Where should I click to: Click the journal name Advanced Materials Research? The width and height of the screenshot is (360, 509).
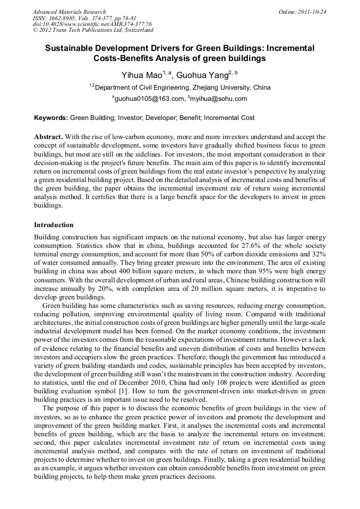pyautogui.click(x=69, y=12)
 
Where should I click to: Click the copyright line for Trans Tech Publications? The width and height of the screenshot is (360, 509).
pyautogui.click(x=93, y=30)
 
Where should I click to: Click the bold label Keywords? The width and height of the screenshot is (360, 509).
pyautogui.click(x=51, y=118)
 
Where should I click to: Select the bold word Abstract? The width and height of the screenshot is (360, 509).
pyautogui.click(x=48, y=137)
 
